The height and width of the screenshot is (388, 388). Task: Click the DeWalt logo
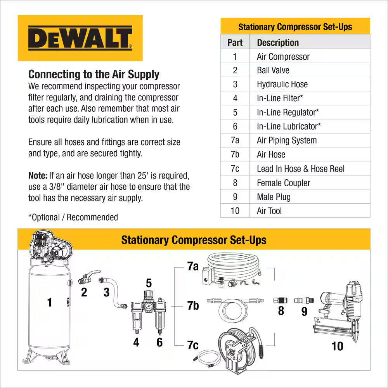[x=80, y=38]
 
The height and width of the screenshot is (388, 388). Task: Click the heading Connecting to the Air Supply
[x=94, y=74]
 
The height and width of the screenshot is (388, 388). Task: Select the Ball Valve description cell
[x=273, y=70]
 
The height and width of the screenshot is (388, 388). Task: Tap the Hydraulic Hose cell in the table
[x=282, y=84]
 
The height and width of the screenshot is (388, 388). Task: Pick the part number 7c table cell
[x=235, y=169]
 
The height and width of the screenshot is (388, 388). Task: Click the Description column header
[x=278, y=42]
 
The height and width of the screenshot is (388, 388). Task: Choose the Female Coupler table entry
[x=283, y=183]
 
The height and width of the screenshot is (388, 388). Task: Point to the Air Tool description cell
[x=269, y=211]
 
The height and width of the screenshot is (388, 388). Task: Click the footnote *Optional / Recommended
[x=73, y=217]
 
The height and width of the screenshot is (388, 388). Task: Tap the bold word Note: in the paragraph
[x=38, y=175]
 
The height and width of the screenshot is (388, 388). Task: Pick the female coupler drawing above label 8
[x=281, y=300]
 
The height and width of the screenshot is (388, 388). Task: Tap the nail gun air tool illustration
[x=338, y=310]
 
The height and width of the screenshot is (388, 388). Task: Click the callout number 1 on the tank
[x=49, y=302]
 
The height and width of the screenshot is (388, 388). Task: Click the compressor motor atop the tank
[x=50, y=247]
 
